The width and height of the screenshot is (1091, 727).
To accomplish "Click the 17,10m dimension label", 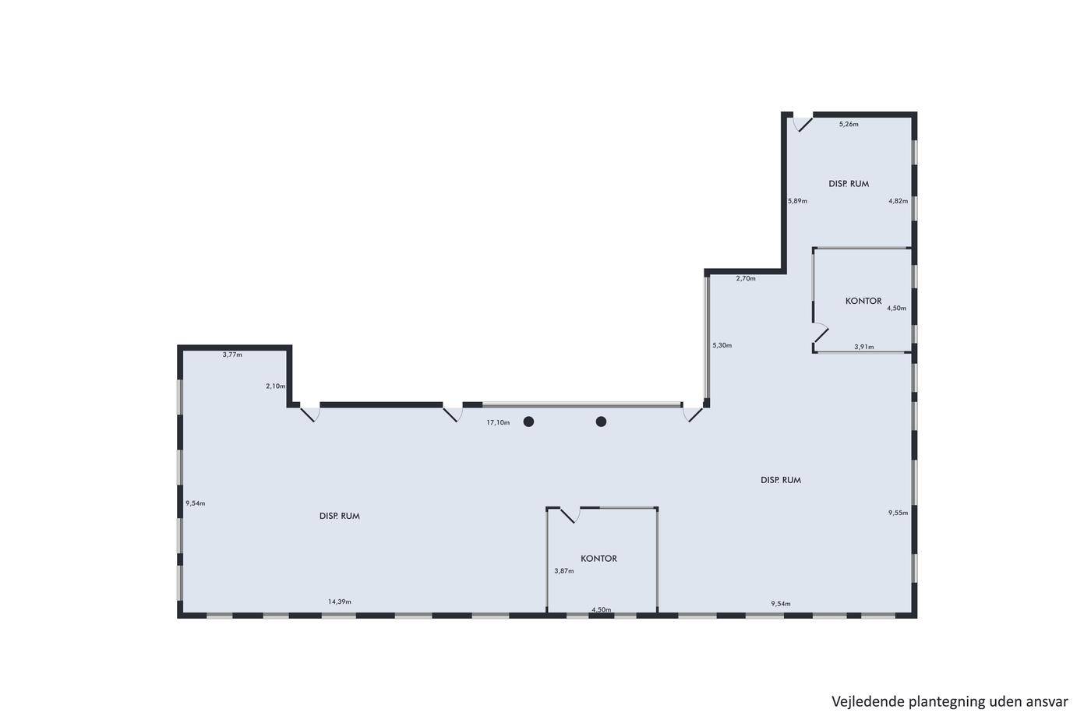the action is click(498, 422).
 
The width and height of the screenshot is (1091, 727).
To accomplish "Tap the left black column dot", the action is click(528, 422).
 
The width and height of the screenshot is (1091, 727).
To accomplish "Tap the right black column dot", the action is click(601, 422).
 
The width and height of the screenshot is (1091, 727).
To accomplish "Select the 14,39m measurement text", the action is click(340, 602).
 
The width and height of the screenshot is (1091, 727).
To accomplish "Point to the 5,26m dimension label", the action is click(849, 124).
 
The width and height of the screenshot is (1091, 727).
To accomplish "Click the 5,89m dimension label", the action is click(797, 200).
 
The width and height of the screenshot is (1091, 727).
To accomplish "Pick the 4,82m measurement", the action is click(898, 200).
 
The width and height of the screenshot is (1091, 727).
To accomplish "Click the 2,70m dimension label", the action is click(746, 278).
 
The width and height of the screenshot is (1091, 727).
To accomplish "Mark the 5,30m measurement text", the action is click(722, 345).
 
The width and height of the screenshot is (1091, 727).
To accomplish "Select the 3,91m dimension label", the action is click(863, 347).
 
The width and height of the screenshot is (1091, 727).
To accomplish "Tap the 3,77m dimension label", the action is click(232, 355).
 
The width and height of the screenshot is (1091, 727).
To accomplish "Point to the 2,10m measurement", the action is click(275, 386).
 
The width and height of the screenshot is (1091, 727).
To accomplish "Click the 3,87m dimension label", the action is click(564, 571).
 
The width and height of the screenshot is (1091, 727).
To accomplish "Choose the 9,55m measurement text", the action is click(898, 513).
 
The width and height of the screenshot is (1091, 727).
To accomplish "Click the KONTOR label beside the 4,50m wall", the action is click(863, 301).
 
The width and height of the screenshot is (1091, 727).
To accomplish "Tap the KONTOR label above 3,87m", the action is click(598, 559).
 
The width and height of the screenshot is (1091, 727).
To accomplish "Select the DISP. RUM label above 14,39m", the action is click(340, 516).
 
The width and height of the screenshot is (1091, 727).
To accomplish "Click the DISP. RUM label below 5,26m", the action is click(849, 184).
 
